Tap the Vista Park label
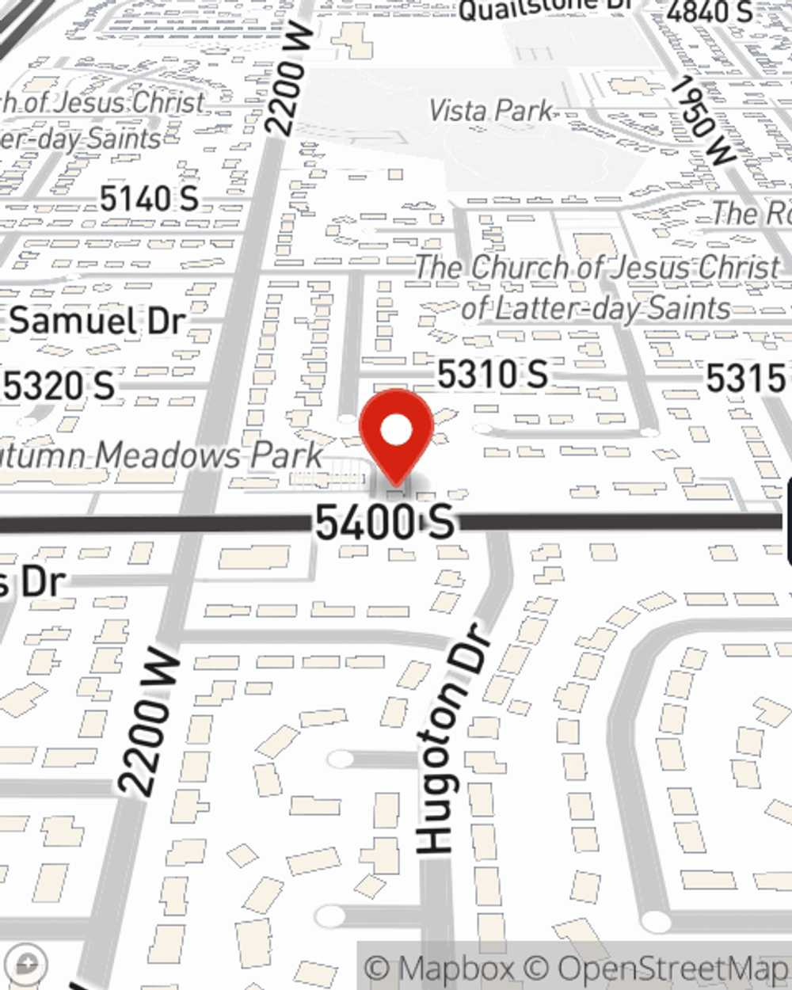491,110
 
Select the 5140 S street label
149,199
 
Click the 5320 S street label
60,386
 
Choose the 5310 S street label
493,374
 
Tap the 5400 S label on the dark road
385,522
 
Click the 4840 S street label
709,12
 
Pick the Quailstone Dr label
546,8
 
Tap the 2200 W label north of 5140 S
286,78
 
